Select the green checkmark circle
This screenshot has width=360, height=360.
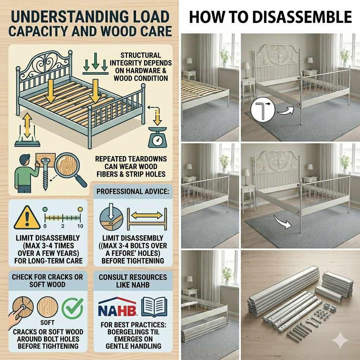click(x=72, y=308)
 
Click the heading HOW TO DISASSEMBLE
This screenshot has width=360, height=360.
click(x=270, y=17)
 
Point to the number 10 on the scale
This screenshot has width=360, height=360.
click(x=80, y=226)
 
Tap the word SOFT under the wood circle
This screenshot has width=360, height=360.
click(x=47, y=323)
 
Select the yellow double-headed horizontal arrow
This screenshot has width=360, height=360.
click(x=146, y=214)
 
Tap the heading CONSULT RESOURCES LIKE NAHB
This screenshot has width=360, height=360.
click(x=133, y=281)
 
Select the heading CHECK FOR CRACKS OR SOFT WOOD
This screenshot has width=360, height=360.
click(x=47, y=280)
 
